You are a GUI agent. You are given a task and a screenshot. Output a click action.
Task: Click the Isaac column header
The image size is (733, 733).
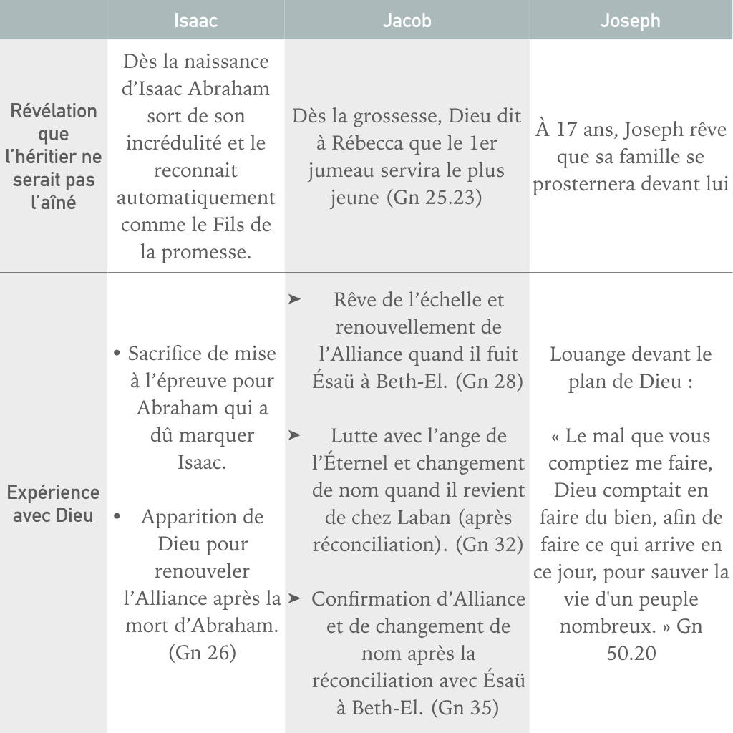[x=195, y=20]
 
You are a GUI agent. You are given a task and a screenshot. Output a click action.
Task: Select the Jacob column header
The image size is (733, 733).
[x=407, y=20]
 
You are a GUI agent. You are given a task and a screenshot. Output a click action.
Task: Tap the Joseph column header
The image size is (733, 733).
[x=630, y=20]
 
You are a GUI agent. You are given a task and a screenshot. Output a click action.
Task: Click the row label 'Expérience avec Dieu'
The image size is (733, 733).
[x=54, y=503]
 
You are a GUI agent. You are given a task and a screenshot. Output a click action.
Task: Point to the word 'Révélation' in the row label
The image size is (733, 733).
[x=54, y=111]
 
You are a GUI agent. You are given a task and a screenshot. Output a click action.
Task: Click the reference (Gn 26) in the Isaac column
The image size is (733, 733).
[x=202, y=653]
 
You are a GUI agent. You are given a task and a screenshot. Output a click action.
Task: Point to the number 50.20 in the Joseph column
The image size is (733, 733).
[x=630, y=653]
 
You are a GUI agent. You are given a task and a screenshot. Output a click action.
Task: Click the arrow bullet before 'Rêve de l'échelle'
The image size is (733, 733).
[x=293, y=299]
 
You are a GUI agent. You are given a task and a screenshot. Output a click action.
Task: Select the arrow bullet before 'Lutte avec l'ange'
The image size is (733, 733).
[x=293, y=435]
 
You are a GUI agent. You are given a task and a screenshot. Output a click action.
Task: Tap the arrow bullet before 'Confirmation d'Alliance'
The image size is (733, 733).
[x=293, y=598]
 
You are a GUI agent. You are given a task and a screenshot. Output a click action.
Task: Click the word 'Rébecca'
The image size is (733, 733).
[x=363, y=143]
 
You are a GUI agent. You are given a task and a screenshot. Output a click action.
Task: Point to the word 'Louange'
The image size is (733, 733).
[x=586, y=354]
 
